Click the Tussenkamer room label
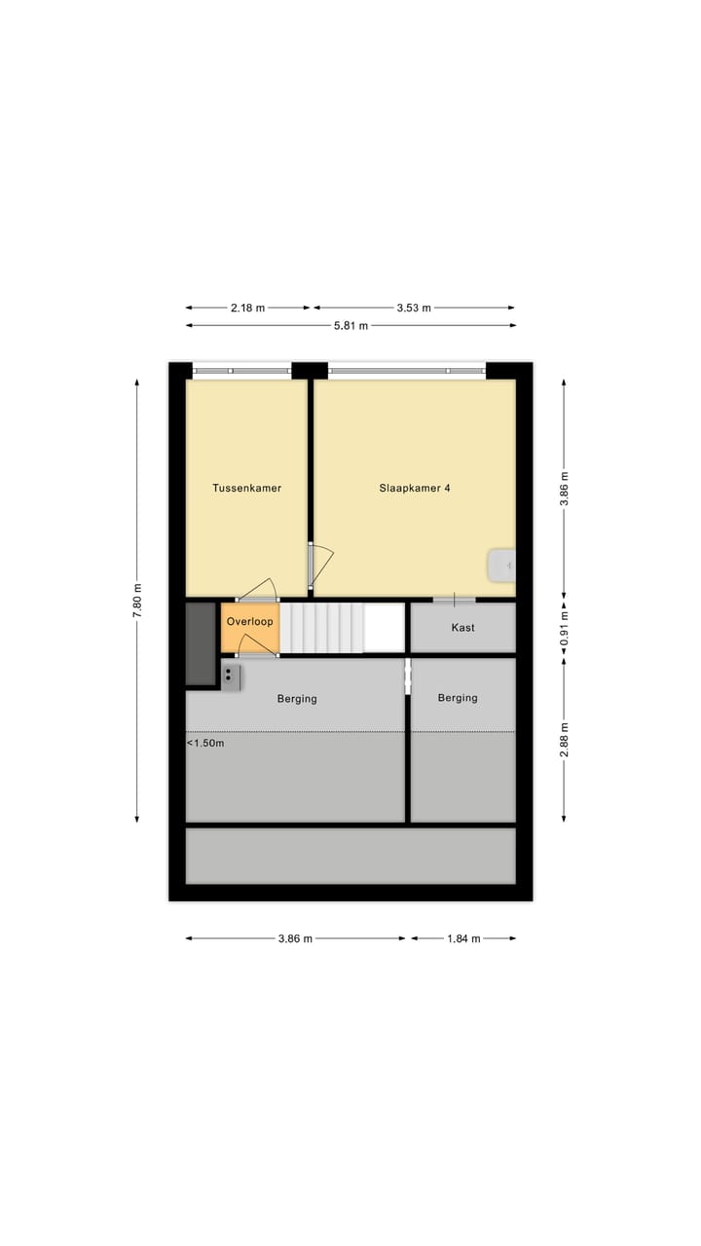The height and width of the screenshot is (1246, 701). click(x=246, y=488)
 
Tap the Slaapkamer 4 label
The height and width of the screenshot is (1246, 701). click(x=414, y=488)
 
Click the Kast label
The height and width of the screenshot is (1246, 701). click(x=462, y=628)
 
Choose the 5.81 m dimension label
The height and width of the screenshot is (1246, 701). click(x=350, y=325)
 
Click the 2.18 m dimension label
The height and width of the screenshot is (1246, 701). click(x=247, y=308)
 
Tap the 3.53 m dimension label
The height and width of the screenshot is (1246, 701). click(x=414, y=308)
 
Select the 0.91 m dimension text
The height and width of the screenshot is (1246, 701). click(x=564, y=628)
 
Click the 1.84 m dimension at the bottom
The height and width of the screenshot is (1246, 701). click(x=462, y=938)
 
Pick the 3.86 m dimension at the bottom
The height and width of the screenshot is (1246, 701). click(x=295, y=938)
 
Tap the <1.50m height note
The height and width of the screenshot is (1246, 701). click(x=205, y=744)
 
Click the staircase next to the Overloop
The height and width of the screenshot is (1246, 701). click(x=321, y=628)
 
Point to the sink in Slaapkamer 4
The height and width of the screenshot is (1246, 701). click(x=501, y=565)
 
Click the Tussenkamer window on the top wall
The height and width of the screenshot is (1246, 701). click(x=241, y=370)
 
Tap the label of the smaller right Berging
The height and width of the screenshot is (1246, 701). click(x=458, y=698)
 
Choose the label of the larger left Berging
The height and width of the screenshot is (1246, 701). click(x=297, y=698)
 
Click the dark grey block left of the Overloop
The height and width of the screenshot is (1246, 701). click(x=201, y=643)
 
